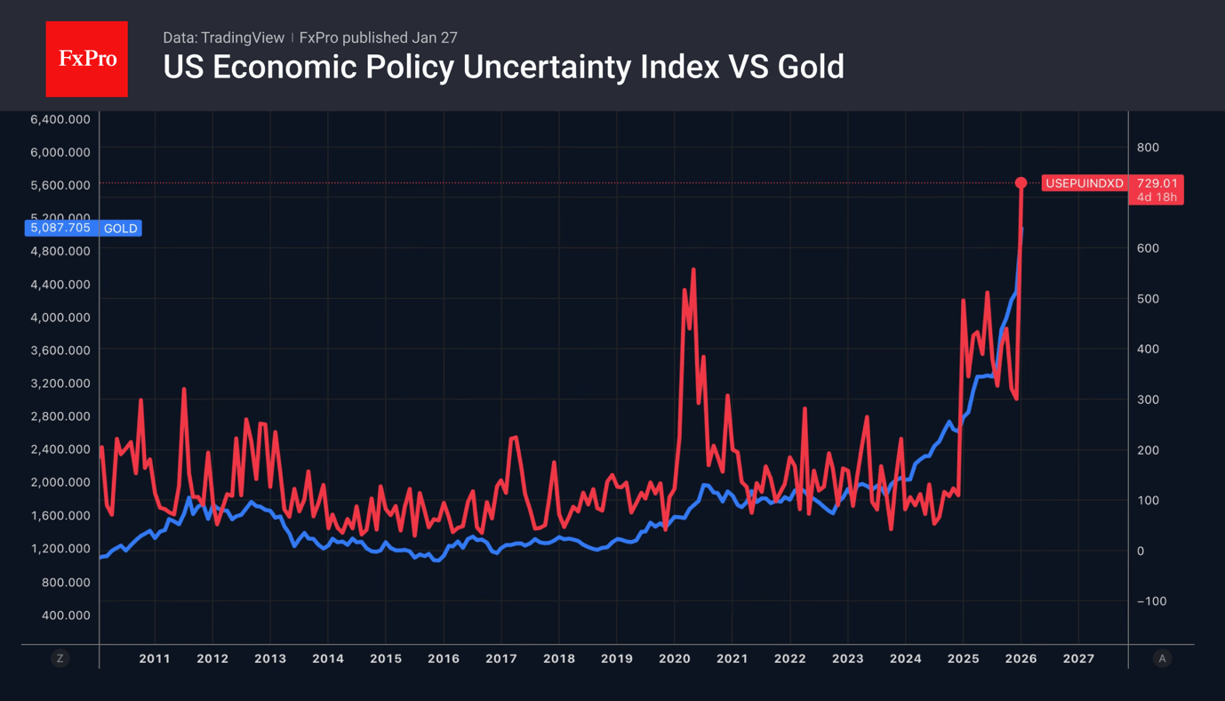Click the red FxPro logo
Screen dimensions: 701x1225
[86, 59]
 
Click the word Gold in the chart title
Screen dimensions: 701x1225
[811, 67]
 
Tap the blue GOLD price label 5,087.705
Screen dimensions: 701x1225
[60, 228]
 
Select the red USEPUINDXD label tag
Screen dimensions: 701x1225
[1084, 183]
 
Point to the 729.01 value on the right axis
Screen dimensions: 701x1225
[1157, 183]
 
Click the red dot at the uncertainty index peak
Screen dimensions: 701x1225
[1021, 182]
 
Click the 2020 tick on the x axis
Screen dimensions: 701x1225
[674, 658]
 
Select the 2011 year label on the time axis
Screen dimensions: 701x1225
[154, 658]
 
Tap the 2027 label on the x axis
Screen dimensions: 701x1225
[1078, 658]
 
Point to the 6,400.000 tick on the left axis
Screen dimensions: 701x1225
[60, 119]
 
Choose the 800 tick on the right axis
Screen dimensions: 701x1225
[1148, 148]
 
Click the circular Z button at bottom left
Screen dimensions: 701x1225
[60, 658]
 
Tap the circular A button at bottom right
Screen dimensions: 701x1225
[1162, 658]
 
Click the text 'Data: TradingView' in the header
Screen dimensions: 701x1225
[223, 37]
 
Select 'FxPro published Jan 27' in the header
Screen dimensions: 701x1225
[379, 37]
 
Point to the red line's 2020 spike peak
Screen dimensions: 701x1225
[693, 270]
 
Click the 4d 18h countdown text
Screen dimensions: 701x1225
[1157, 197]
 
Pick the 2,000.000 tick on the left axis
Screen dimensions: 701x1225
[60, 482]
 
